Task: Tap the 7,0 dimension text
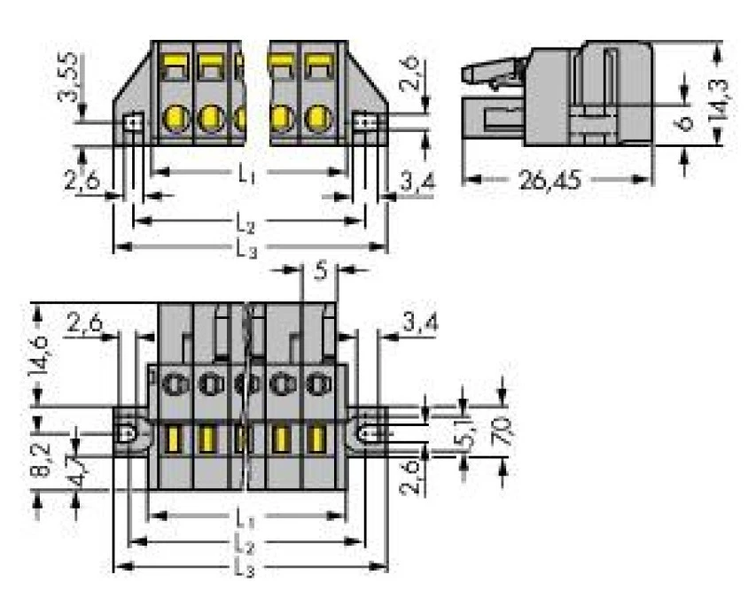[x=503, y=433]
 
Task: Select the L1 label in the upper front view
[x=247, y=174]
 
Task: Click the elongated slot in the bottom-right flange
[x=371, y=434]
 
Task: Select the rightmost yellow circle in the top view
[x=317, y=117]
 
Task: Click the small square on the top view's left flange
[x=131, y=123]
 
